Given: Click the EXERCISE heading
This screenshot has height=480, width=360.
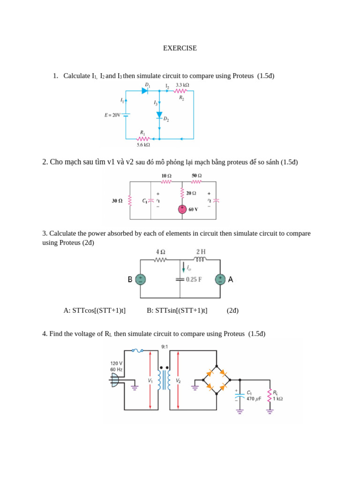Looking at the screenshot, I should click(x=180, y=48).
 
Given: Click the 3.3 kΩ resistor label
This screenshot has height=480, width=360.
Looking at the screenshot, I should click(x=182, y=85).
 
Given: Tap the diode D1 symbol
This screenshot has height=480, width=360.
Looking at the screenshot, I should click(x=145, y=90).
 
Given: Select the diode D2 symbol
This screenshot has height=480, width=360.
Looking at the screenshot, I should click(x=159, y=115).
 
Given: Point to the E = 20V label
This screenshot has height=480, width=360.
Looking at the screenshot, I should click(x=112, y=114).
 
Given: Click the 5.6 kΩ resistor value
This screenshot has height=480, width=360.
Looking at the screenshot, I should click(x=143, y=145).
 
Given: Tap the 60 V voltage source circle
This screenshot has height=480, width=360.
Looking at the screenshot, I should click(x=182, y=209).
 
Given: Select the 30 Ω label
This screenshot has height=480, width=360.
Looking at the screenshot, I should click(x=117, y=201).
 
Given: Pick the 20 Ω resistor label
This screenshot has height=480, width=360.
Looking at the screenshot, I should click(x=191, y=193).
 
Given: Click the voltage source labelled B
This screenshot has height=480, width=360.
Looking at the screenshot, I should click(x=140, y=279).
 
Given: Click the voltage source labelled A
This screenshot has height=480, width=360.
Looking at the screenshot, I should click(x=220, y=279).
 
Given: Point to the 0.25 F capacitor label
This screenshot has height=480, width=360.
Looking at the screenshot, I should click(x=194, y=279).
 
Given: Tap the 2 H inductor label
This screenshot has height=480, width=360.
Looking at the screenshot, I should click(x=201, y=252).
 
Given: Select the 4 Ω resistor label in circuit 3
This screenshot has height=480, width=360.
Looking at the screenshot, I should click(x=160, y=252).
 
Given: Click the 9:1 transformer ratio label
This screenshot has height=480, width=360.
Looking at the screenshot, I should click(x=164, y=347).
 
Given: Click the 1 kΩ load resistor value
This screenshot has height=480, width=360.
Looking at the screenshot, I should click(x=277, y=399).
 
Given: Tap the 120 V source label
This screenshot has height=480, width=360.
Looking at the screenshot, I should click(x=116, y=363).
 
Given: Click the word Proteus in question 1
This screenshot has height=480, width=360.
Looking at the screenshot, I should click(x=244, y=76).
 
